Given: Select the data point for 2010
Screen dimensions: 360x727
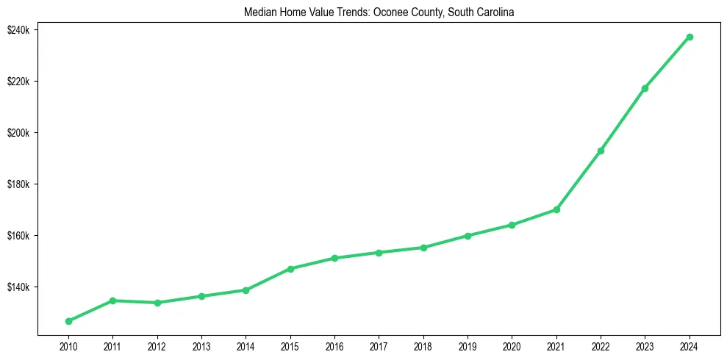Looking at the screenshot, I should [x=68, y=321].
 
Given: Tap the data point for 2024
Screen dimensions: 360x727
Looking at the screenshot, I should [x=690, y=37].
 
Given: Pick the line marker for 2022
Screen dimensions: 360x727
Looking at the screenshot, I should [x=601, y=151].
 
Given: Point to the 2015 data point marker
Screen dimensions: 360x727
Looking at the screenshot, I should [x=290, y=269].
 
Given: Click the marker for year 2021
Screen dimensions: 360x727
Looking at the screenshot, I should [x=556, y=209].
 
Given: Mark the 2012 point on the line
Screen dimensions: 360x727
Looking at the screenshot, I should [x=157, y=303].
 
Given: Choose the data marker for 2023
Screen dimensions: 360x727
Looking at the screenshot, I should [x=645, y=88].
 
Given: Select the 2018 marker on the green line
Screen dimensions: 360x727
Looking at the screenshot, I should [x=423, y=248].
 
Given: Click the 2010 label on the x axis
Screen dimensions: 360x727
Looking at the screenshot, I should [x=68, y=345].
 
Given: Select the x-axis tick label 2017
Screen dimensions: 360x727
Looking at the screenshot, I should [x=379, y=345].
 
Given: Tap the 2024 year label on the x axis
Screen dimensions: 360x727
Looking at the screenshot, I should [x=690, y=345].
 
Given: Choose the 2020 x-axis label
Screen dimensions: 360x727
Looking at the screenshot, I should [x=512, y=345].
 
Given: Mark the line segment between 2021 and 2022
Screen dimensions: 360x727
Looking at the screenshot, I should [x=579, y=180].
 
